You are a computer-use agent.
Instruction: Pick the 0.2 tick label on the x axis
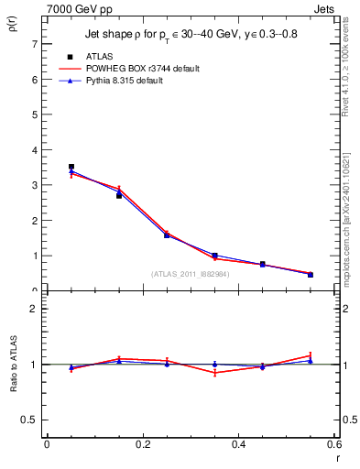(142, 444)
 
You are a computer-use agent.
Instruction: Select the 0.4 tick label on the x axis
(238, 444)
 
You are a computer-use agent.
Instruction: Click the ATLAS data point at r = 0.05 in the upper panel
(71, 167)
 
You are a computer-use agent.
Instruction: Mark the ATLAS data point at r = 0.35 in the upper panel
(214, 256)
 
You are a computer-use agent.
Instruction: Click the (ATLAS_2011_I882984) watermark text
(190, 274)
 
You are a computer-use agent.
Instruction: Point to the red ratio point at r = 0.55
(311, 354)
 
